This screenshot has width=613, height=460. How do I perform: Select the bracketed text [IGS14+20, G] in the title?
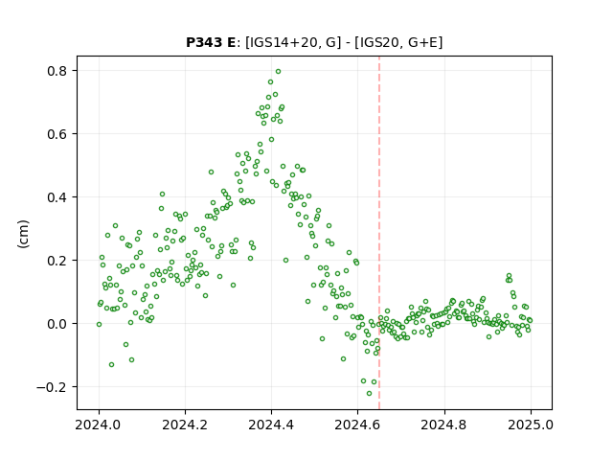pyautogui.click(x=290, y=42)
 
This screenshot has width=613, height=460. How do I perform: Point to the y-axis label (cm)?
pyautogui.click(x=23, y=234)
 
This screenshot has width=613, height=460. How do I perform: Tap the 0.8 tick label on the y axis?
pyautogui.click(x=57, y=71)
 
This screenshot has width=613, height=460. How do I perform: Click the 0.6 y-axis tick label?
pyautogui.click(x=57, y=134)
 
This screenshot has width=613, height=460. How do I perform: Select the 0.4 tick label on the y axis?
pyautogui.click(x=57, y=197)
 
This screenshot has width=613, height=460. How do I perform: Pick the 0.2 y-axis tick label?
pyautogui.click(x=57, y=261)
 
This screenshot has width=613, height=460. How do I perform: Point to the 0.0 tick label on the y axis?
pyautogui.click(x=57, y=324)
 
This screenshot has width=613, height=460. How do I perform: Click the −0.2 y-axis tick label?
pyautogui.click(x=53, y=387)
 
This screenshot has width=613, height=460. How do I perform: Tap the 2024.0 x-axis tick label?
pyautogui.click(x=99, y=425)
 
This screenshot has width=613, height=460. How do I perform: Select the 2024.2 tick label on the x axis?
pyautogui.click(x=185, y=425)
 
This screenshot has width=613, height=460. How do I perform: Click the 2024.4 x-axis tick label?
pyautogui.click(x=271, y=425)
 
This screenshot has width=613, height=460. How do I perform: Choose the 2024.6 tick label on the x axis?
pyautogui.click(x=357, y=425)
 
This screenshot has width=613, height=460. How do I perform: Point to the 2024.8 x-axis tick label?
pyautogui.click(x=444, y=425)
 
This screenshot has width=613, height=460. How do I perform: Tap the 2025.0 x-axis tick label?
pyautogui.click(x=531, y=425)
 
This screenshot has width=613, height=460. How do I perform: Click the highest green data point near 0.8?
pyautogui.click(x=279, y=72)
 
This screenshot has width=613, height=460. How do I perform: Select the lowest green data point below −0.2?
pyautogui.click(x=369, y=394)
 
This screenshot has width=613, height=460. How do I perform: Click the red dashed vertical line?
pyautogui.click(x=379, y=233)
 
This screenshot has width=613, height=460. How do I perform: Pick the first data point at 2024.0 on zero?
pyautogui.click(x=99, y=324)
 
